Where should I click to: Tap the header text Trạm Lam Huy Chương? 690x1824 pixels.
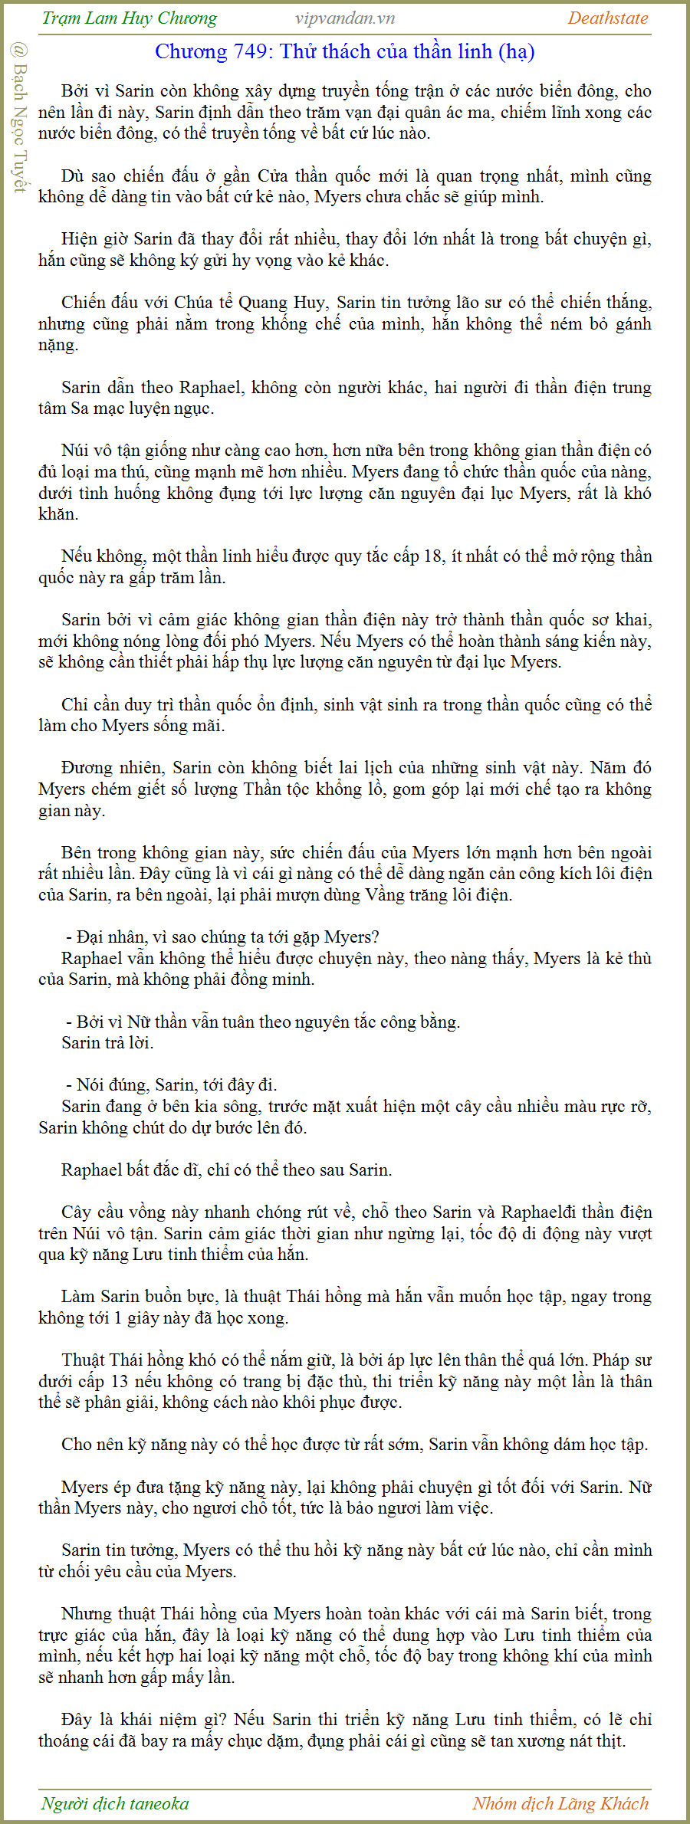point(130,18)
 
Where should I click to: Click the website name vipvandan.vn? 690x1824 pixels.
point(345,18)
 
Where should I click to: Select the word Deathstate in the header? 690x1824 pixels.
point(608,18)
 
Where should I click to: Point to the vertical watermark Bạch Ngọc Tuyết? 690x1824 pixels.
point(19,119)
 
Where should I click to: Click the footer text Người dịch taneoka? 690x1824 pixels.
point(115,1803)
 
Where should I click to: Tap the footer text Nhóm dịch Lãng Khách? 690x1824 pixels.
point(560,1803)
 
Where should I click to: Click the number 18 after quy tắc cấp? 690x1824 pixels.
point(433,556)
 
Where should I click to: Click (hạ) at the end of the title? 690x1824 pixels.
point(516,51)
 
